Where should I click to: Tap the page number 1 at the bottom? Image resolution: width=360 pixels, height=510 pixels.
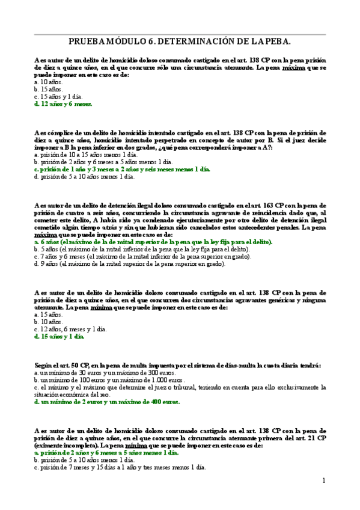(323, 480)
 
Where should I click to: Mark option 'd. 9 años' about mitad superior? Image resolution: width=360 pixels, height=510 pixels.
(129, 263)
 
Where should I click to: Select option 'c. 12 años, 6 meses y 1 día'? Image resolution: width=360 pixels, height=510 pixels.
(70, 329)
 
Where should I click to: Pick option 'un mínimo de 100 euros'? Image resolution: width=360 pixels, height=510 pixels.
(109, 380)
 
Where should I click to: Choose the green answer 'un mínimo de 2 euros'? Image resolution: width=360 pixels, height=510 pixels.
(107, 402)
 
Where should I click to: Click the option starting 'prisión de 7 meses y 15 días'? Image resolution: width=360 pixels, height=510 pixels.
(120, 467)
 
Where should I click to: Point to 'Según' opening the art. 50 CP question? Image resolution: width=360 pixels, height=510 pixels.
(44, 366)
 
